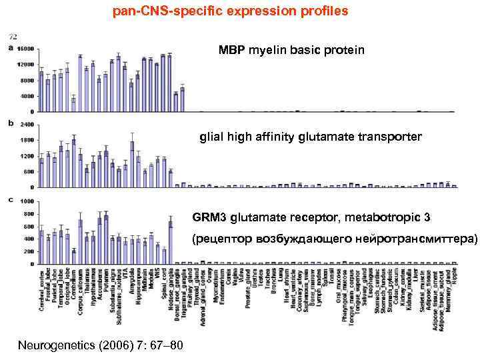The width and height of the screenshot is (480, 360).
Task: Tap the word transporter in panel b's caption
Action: tap(389, 137)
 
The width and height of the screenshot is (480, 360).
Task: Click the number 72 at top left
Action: tap(13, 35)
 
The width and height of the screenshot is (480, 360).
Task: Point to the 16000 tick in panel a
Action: tap(26, 49)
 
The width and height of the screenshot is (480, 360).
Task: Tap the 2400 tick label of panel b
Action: tap(27, 125)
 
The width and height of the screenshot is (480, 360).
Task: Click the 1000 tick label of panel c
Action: tap(27, 201)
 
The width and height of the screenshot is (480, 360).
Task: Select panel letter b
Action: tap(9, 124)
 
